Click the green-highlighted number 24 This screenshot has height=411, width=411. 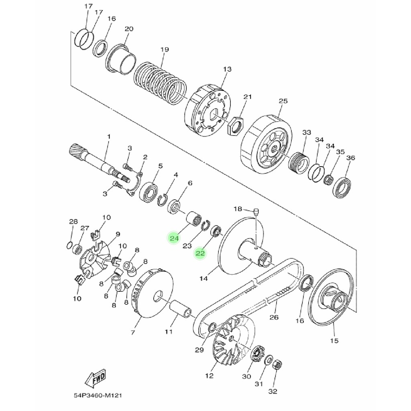[x=174, y=238]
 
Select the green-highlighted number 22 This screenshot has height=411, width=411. [x=200, y=253]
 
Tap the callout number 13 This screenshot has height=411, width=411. [x=227, y=69]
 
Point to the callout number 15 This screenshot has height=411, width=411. [x=334, y=341]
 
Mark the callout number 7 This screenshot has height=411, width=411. [x=132, y=332]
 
